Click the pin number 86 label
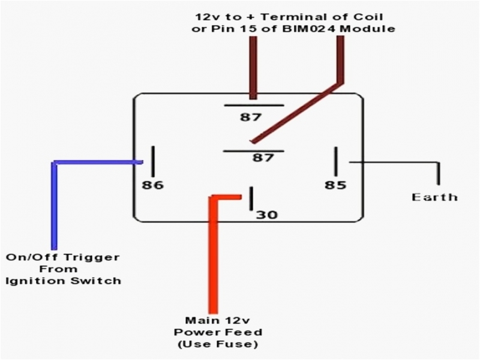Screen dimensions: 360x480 pos(152,185)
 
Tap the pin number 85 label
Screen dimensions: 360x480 pos(335,185)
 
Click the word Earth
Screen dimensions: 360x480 pos(434,197)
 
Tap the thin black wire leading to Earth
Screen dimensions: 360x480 pos(396,162)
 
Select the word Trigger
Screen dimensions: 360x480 pos(97,257)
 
